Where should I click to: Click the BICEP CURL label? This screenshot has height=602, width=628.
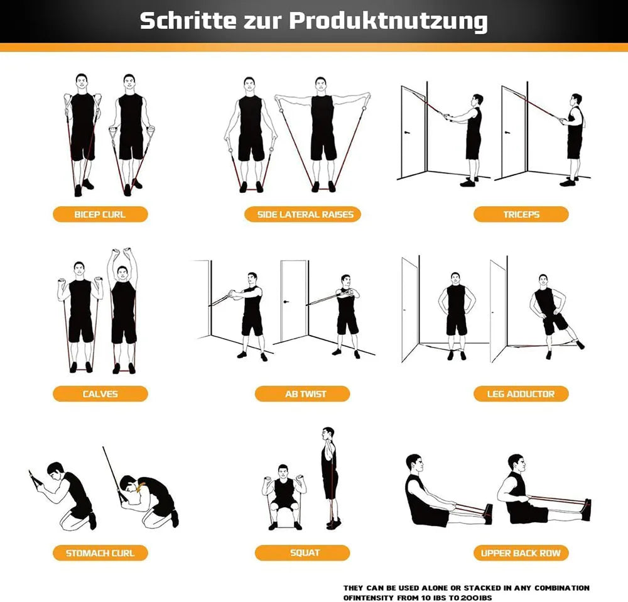(x=100, y=214)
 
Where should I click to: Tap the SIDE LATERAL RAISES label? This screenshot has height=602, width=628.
(x=303, y=214)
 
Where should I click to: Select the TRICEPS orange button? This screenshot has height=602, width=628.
(x=521, y=214)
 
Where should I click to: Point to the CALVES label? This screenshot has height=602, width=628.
(x=100, y=393)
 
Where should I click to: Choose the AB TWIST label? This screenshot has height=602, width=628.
(x=303, y=393)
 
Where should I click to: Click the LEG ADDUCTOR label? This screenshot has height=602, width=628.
(x=521, y=393)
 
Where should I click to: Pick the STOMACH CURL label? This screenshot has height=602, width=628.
(x=100, y=553)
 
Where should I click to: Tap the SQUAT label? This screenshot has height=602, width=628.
(x=303, y=553)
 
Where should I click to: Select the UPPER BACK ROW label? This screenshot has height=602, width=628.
(x=521, y=553)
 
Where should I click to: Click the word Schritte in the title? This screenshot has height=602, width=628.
(x=188, y=21)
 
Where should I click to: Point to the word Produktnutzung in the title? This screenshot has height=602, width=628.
(x=388, y=21)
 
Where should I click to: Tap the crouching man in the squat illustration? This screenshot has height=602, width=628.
(x=284, y=497)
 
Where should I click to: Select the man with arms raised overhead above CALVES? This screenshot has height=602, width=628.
(x=123, y=310)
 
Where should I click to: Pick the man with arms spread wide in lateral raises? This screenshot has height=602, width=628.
(x=322, y=134)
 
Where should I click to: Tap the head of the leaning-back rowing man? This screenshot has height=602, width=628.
(x=414, y=464)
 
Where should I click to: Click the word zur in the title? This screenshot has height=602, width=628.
(x=263, y=22)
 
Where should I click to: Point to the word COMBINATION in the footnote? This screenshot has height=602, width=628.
(x=562, y=588)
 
